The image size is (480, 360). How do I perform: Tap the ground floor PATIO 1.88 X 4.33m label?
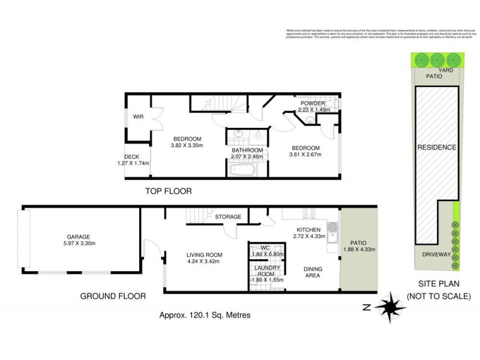[x=358, y=243]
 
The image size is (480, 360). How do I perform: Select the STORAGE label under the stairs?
[x=228, y=217]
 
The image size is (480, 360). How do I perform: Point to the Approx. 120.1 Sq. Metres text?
[x=204, y=315]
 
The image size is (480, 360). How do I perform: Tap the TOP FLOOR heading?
[x=168, y=191]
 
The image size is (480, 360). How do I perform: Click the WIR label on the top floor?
[x=137, y=116]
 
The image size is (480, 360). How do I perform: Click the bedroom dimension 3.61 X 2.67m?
[x=306, y=155]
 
